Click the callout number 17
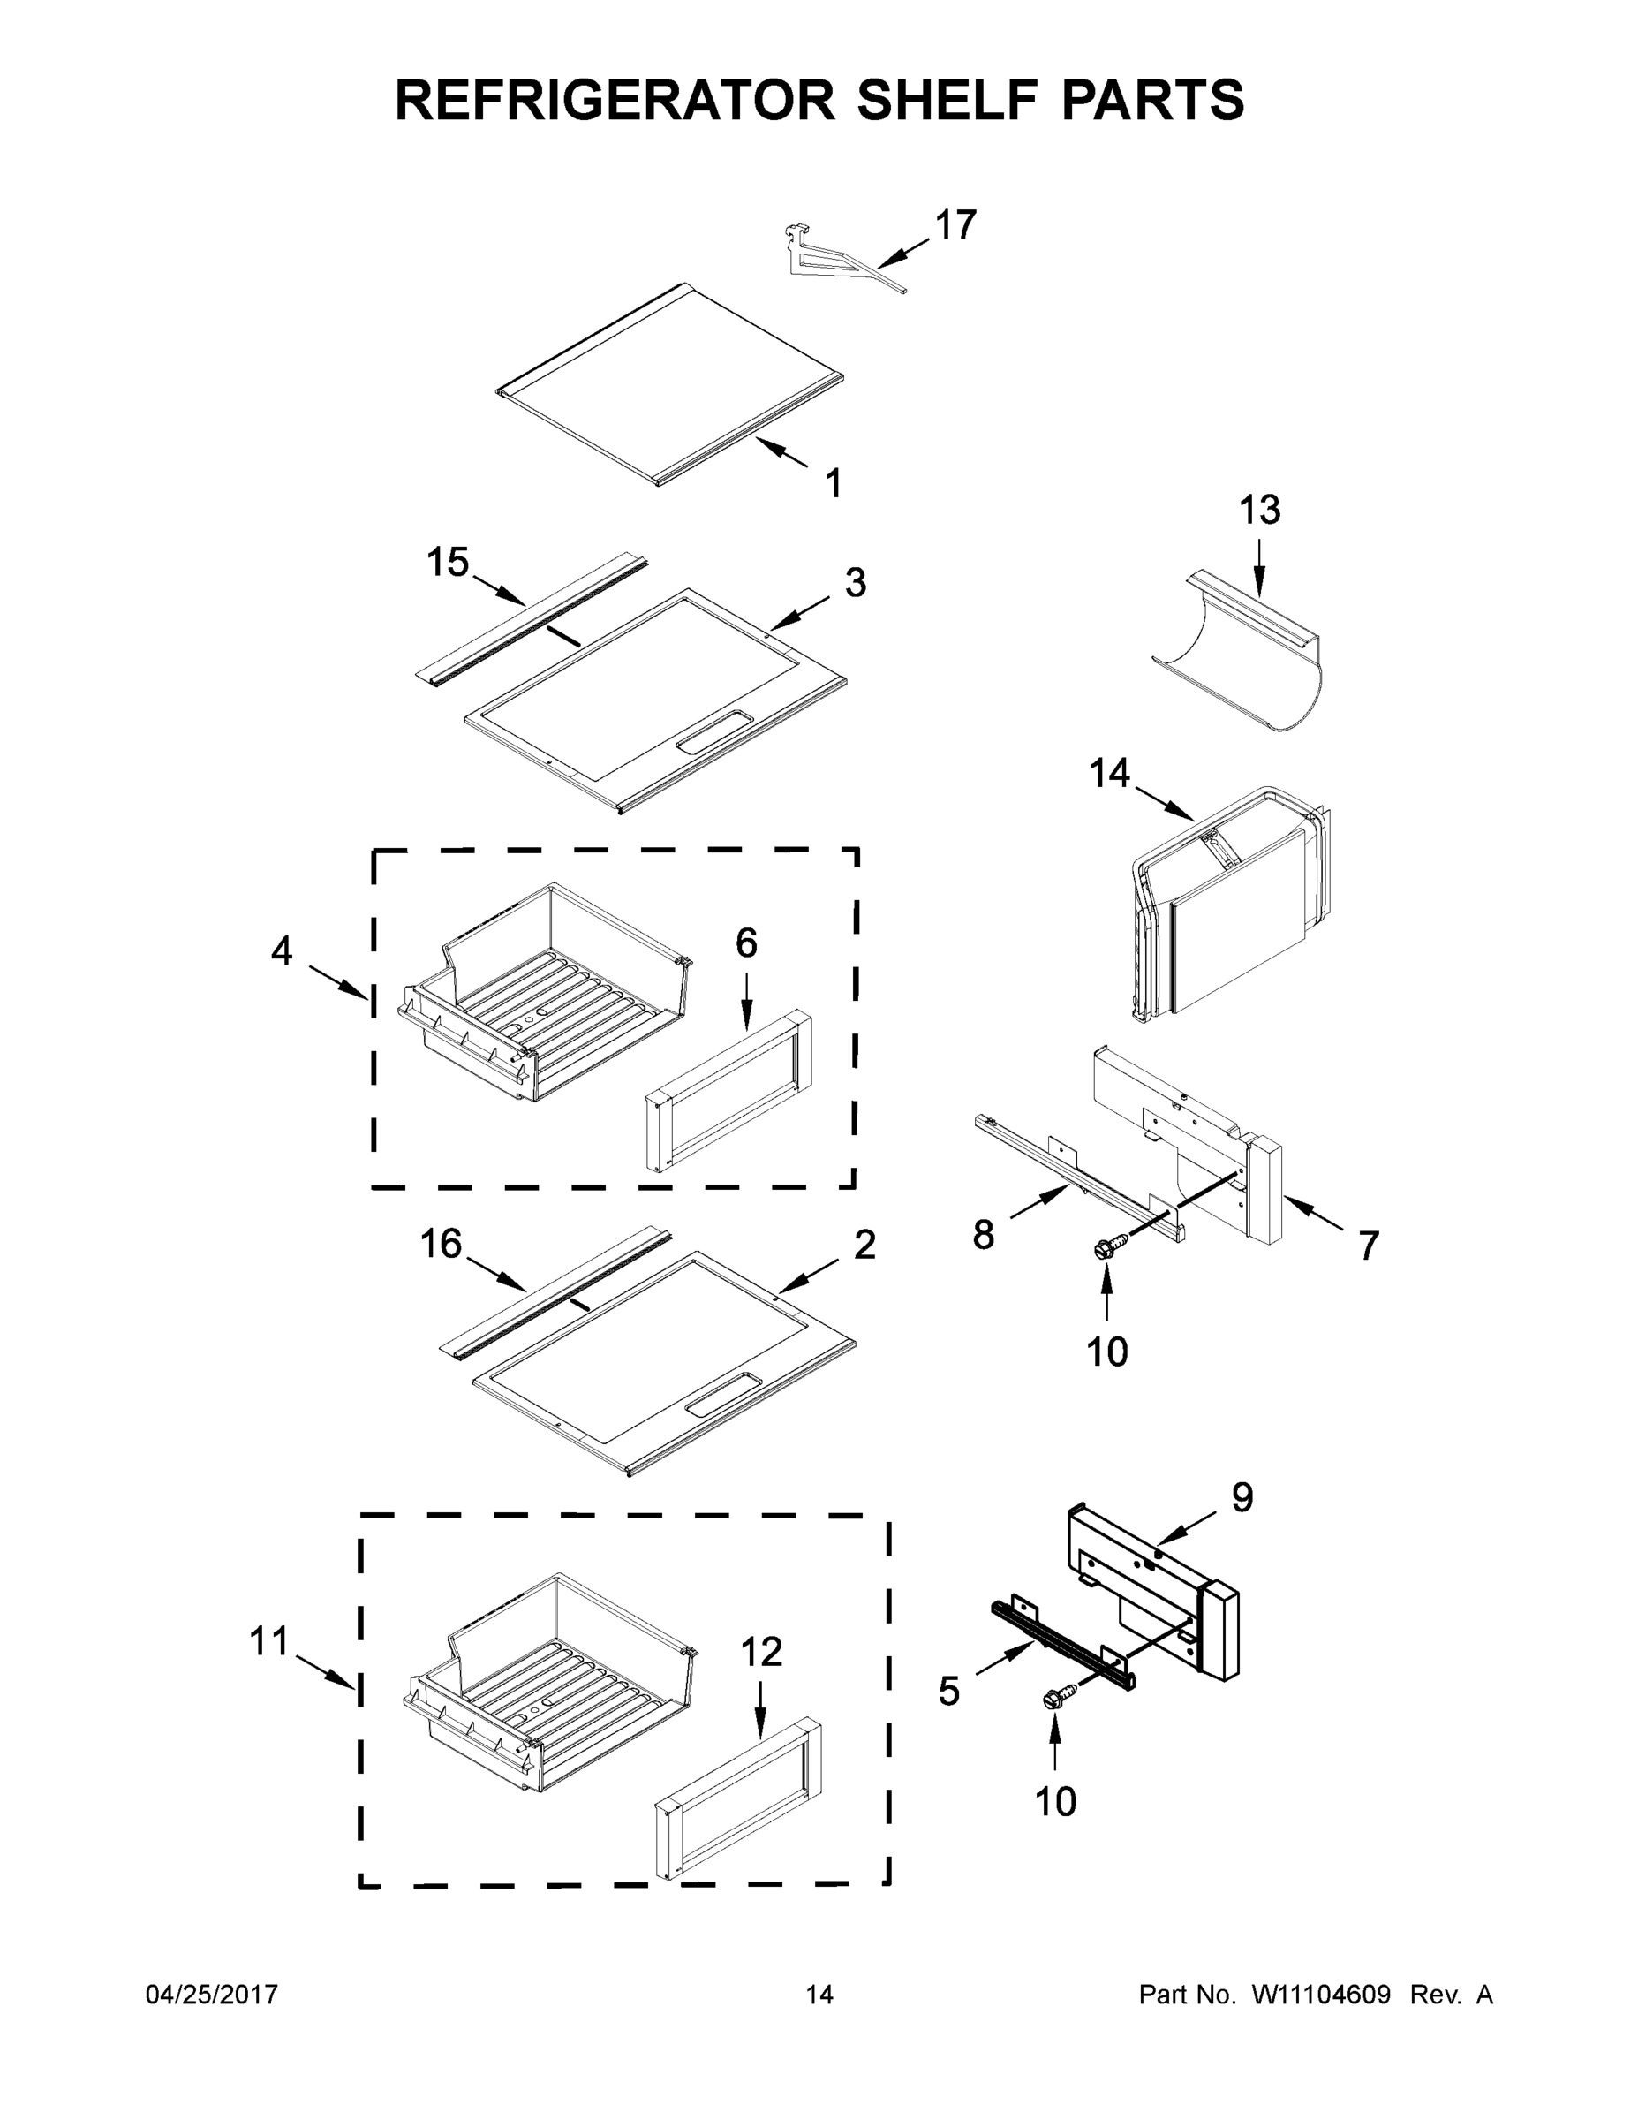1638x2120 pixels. point(955,225)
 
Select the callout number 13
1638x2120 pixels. point(1259,510)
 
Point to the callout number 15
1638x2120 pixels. point(448,562)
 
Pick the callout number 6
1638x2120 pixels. point(746,943)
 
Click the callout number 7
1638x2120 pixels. point(1368,1245)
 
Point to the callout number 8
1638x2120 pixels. point(983,1235)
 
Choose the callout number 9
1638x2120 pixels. point(1242,1497)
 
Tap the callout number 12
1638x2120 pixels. point(761,1651)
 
